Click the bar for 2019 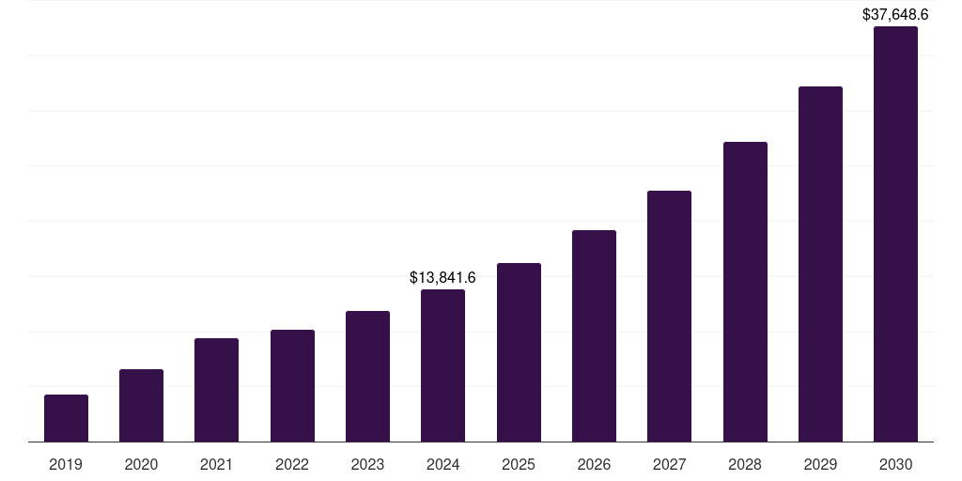(x=66, y=418)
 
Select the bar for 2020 (x=141, y=406)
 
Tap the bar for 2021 (x=216, y=390)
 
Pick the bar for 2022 (x=292, y=386)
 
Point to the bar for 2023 (x=367, y=377)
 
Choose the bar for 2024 (x=442, y=365)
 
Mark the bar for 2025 (x=519, y=352)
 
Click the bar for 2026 (x=594, y=336)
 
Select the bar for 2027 (x=669, y=317)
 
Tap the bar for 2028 (x=745, y=292)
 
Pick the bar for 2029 (x=820, y=264)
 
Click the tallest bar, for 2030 (x=895, y=234)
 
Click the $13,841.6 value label (x=442, y=277)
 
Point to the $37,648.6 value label (x=895, y=14)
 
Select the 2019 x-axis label (x=66, y=464)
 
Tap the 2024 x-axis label (x=442, y=464)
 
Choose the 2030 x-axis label (x=895, y=464)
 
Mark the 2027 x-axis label (x=669, y=464)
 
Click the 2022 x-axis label (x=292, y=464)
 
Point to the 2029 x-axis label (x=820, y=464)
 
